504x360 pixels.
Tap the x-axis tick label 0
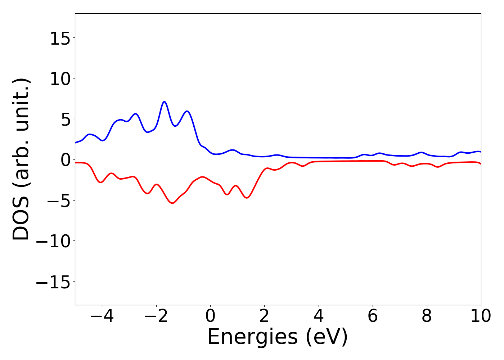pos(210,316)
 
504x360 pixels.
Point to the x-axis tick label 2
pos(264,316)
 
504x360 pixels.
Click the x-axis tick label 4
pos(319,316)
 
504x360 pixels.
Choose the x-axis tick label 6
pos(373,316)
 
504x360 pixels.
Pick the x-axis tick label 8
pos(427,316)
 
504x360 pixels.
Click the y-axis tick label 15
pos(60,38)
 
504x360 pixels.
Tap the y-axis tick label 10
pos(60,79)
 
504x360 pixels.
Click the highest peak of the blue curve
pos(165,102)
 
